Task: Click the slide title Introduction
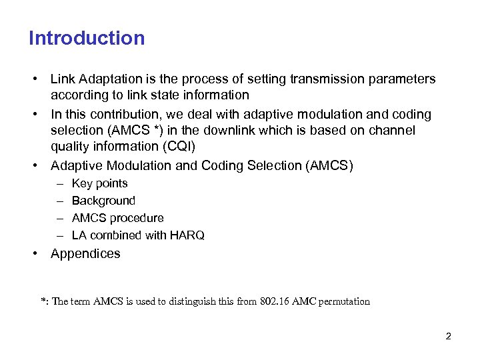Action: pos(87,38)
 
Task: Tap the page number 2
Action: pos(449,336)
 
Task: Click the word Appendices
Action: pos(85,253)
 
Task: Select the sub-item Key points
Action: pos(99,183)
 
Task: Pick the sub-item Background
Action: pos(103,201)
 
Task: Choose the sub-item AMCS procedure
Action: pos(117,218)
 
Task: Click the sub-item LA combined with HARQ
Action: pos(138,235)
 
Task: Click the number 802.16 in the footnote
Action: pos(277,301)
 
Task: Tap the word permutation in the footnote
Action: pos(344,301)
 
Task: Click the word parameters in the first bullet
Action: pos(402,79)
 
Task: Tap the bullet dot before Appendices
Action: pos(33,253)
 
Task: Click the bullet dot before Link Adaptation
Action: pos(33,79)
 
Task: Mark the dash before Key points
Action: pos(59,183)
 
